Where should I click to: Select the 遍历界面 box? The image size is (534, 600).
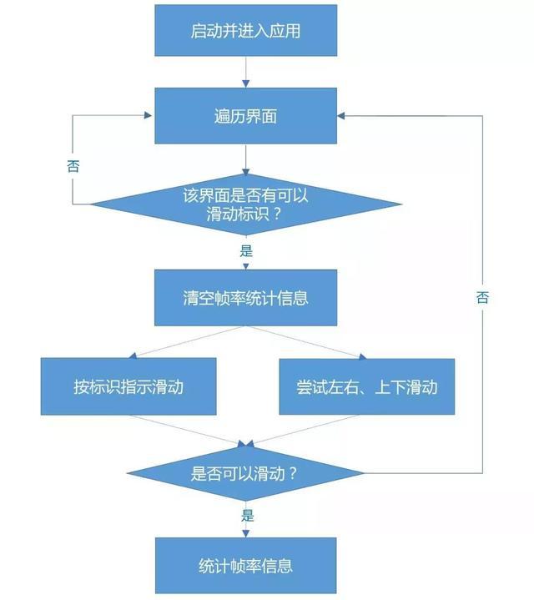coord(245,116)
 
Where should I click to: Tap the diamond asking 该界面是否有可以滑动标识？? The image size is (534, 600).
coord(245,204)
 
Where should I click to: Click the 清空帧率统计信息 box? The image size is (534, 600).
coord(245,297)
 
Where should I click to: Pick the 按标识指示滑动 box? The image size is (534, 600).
coord(128,386)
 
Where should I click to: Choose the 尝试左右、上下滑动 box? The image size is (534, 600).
coord(367,386)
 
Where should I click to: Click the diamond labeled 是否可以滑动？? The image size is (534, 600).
coord(245,473)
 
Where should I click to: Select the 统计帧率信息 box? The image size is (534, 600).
coord(245,566)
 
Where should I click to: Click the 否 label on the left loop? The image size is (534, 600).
coord(73,165)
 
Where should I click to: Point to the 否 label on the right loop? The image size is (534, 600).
coord(482,297)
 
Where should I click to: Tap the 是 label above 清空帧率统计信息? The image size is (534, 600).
coord(245,250)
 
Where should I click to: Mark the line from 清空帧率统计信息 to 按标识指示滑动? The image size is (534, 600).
coord(187,341)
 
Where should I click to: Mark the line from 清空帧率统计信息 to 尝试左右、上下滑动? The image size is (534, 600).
coord(305,341)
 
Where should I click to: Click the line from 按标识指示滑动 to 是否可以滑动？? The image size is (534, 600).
coord(187,430)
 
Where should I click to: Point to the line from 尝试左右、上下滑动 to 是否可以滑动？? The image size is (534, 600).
coord(305,430)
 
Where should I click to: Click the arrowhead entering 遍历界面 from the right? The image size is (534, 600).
coord(343,116)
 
